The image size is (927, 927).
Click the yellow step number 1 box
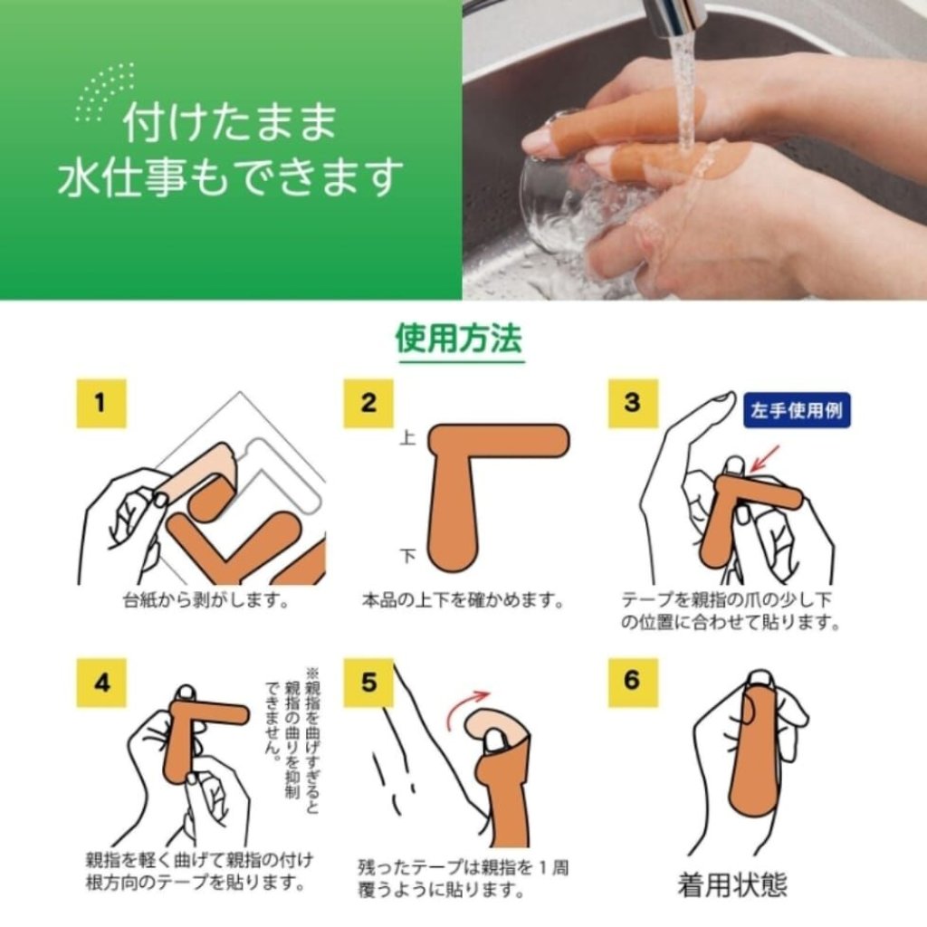pyautogui.click(x=101, y=403)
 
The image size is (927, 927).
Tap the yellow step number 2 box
pyautogui.click(x=368, y=403)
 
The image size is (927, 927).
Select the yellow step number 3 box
pyautogui.click(x=633, y=403)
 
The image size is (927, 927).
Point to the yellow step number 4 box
pyautogui.click(x=101, y=683)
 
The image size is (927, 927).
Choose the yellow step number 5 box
pyautogui.click(x=368, y=683)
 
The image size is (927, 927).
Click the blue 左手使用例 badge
pyautogui.click(x=797, y=410)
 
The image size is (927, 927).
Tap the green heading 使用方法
pyautogui.click(x=459, y=339)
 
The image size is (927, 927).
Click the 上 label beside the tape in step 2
pyautogui.click(x=408, y=438)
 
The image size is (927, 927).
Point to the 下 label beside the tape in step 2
pyautogui.click(x=408, y=557)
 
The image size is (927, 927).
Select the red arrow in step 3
pyautogui.click(x=765, y=459)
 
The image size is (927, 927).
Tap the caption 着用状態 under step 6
pyautogui.click(x=732, y=885)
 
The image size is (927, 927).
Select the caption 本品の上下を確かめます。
pyautogui.click(x=463, y=601)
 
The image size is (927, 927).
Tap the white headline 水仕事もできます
pyautogui.click(x=231, y=177)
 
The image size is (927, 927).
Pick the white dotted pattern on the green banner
pyautogui.click(x=104, y=91)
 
